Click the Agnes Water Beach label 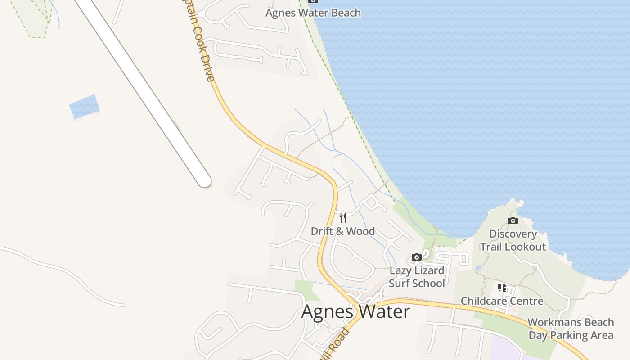tap(313, 13)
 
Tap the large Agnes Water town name tap(355, 311)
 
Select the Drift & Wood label tap(343, 231)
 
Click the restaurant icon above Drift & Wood tap(343, 218)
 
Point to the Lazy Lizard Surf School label tap(417, 277)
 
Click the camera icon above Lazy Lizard tap(417, 257)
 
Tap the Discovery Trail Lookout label tap(513, 240)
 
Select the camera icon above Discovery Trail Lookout tap(513, 220)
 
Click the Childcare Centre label tap(502, 301)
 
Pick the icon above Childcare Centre tap(502, 287)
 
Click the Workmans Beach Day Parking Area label tap(571, 329)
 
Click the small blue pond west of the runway tap(84, 107)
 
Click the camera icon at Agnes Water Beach tap(313, 1)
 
